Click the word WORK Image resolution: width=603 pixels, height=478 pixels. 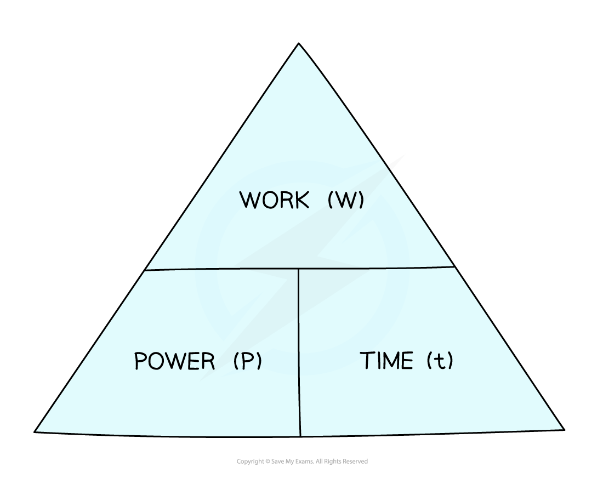[274, 200]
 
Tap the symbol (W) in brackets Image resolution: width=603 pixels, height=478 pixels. [346, 200]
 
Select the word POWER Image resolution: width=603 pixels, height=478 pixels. [174, 361]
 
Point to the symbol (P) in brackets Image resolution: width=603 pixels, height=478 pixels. [248, 361]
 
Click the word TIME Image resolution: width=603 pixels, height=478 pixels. [387, 360]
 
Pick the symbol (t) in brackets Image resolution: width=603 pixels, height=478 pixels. [440, 360]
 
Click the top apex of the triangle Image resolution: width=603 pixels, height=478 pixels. [299, 43]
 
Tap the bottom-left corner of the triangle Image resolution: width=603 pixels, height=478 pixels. [34, 432]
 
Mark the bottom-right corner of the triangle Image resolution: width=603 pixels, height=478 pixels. [564, 430]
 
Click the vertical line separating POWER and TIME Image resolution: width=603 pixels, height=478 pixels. [299, 352]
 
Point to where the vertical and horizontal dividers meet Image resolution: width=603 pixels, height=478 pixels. [298, 269]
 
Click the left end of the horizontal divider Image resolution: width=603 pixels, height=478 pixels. [145, 270]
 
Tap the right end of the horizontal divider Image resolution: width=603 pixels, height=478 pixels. [454, 266]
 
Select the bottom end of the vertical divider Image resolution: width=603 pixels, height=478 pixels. [300, 436]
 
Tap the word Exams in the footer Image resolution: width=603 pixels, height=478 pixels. [305, 462]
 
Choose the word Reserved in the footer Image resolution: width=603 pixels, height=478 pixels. [355, 462]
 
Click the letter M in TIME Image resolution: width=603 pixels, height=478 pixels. [390, 361]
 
